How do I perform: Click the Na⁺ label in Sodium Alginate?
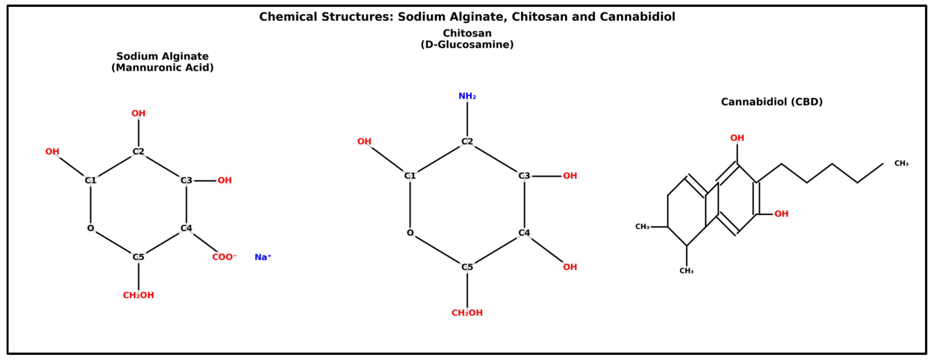[262, 257]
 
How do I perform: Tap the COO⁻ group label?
[224, 257]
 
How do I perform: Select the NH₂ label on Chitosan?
[467, 96]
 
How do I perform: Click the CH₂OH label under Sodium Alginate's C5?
[138, 295]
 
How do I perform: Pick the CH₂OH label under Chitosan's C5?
[467, 313]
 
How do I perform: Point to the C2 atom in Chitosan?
[467, 141]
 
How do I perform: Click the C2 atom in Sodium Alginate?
[138, 151]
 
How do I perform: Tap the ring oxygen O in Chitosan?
[410, 233]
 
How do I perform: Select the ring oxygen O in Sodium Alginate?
[90, 228]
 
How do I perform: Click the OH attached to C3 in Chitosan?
[570, 176]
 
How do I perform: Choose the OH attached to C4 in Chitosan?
[570, 267]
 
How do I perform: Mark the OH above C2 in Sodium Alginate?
[138, 113]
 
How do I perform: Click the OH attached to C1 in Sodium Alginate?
[52, 151]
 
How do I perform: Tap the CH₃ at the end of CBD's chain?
[901, 163]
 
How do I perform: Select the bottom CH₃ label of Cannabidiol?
[686, 271]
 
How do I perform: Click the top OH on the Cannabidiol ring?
[737, 138]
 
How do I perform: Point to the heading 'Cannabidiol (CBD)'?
[772, 102]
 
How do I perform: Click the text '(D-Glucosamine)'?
[467, 45]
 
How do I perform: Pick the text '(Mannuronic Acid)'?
[162, 68]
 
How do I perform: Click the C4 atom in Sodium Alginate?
[186, 228]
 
